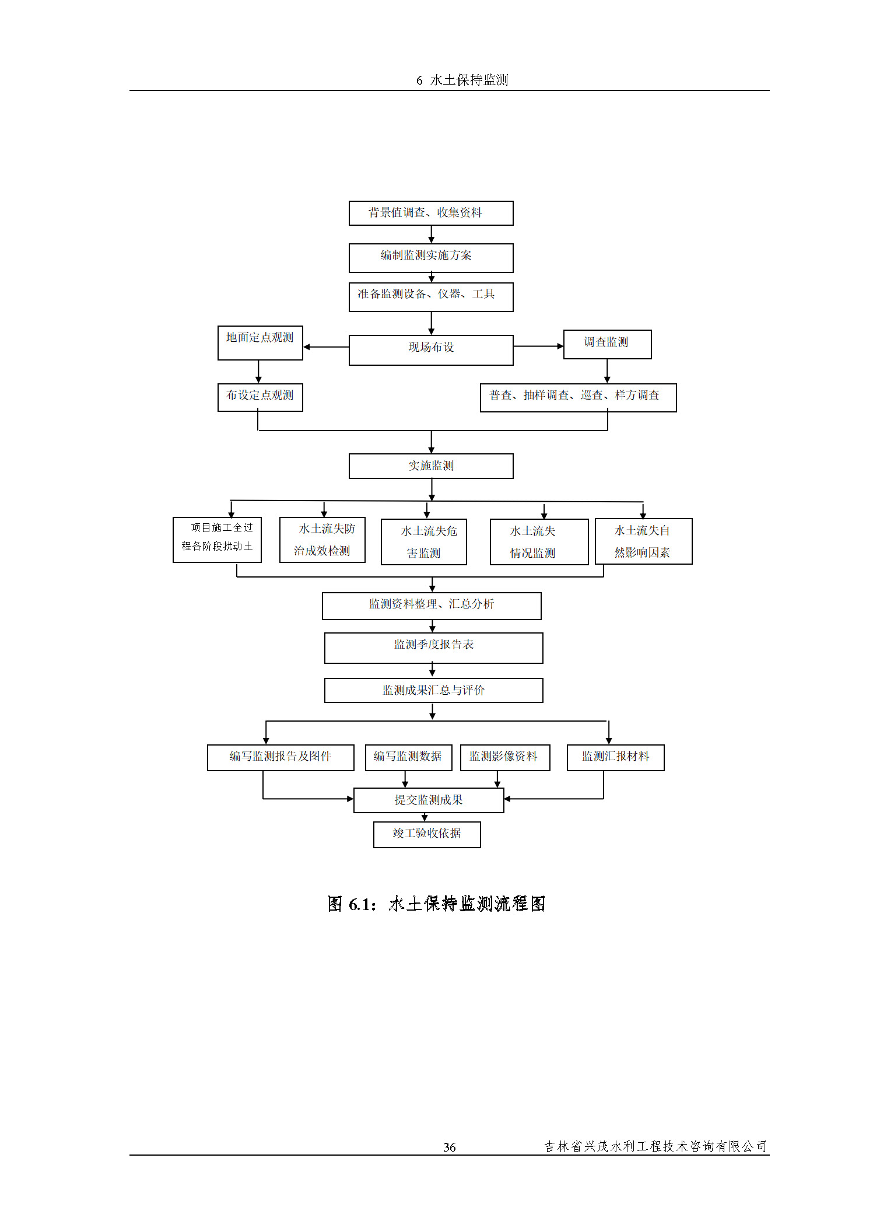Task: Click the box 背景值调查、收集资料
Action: tap(430, 213)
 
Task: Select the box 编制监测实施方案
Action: tap(430, 257)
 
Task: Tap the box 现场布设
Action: tap(430, 349)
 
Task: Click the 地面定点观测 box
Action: tap(260, 342)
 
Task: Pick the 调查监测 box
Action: tap(607, 344)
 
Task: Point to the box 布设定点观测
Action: tap(260, 397)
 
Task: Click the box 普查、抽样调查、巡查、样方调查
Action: tap(577, 397)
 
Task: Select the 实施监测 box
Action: tap(430, 466)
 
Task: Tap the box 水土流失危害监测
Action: tap(423, 541)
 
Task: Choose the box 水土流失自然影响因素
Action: tap(643, 541)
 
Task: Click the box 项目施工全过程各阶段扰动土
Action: tap(217, 539)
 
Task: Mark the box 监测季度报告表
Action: tap(433, 648)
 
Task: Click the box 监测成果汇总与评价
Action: tap(433, 690)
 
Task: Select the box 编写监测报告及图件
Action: tap(281, 757)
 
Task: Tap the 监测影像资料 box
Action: tap(504, 757)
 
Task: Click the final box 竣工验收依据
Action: tap(427, 834)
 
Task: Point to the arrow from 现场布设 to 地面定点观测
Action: tap(325, 347)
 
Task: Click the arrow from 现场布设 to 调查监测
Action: tap(538, 346)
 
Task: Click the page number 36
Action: tap(449, 1147)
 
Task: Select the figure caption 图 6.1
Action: tap(436, 904)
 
